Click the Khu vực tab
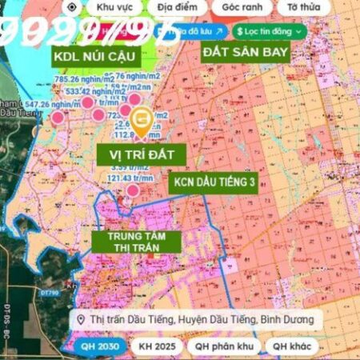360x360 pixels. coord(114,6)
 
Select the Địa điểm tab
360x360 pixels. coord(177,6)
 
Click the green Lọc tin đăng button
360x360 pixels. coord(270,30)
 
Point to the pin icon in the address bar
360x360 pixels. coord(81,320)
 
